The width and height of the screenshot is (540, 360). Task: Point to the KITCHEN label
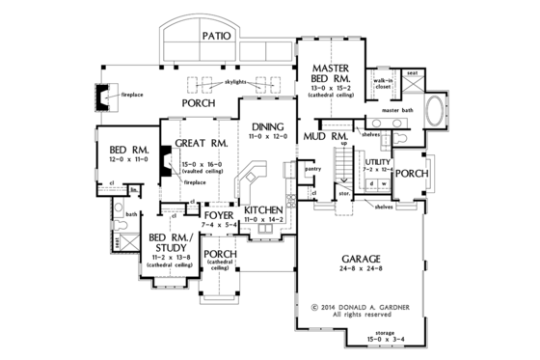pos(263,209)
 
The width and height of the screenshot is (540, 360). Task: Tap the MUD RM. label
pos(325,138)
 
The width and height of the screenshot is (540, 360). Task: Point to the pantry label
pos(311,167)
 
